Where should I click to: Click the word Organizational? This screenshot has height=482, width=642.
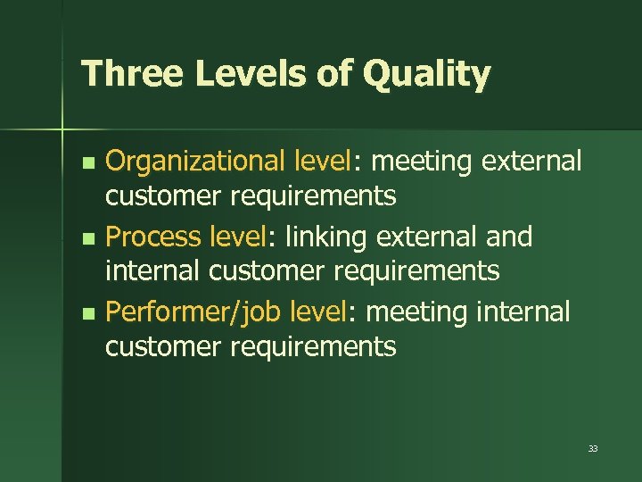pyautogui.click(x=196, y=162)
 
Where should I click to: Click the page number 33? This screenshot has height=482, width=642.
pyautogui.click(x=593, y=449)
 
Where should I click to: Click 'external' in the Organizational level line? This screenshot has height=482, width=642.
pyautogui.click(x=532, y=162)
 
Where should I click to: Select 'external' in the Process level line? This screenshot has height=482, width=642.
pyautogui.click(x=429, y=237)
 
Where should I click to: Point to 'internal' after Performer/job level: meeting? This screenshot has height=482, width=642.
pyautogui.click(x=523, y=313)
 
